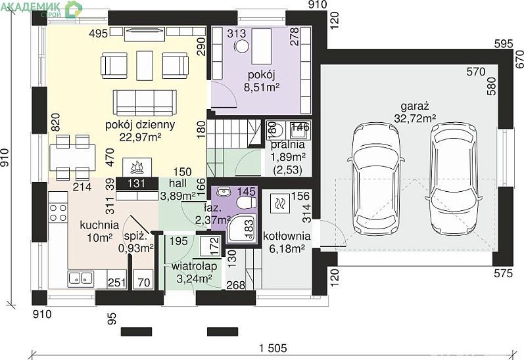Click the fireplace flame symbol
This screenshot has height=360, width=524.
tap(137, 168)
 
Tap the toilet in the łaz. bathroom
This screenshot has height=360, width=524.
tap(247, 202)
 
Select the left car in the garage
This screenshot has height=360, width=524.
tap(376, 179)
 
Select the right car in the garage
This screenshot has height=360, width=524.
tap(453, 179)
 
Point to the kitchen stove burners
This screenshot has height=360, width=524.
tap(58, 213)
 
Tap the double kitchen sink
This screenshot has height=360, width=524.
tap(80, 278)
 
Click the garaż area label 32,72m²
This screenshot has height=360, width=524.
tap(415, 118)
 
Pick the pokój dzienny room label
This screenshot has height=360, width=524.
tap(140, 125)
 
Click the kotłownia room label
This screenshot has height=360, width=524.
tap(287, 236)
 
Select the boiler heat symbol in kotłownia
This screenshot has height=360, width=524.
tap(279, 203)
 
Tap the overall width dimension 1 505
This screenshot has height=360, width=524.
tap(273, 348)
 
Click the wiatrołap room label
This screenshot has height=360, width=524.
tap(194, 266)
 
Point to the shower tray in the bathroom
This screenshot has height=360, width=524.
tap(241, 229)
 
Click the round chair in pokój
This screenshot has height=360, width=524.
tap(241, 47)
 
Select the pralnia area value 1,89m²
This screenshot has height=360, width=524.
tap(288, 157)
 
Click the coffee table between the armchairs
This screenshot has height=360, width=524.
tap(145, 66)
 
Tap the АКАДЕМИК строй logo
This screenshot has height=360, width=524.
tap(41, 9)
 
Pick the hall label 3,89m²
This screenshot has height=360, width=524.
tap(178, 196)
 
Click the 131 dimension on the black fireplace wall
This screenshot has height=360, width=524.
tap(136, 183)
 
